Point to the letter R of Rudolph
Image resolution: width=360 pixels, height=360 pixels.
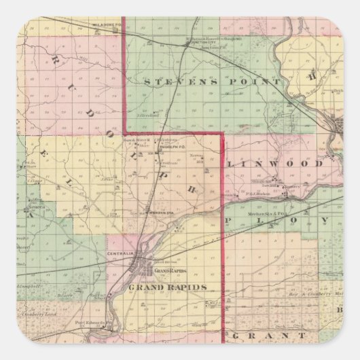(x=53, y=60)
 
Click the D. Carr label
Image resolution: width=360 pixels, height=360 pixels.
(x=65, y=296)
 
